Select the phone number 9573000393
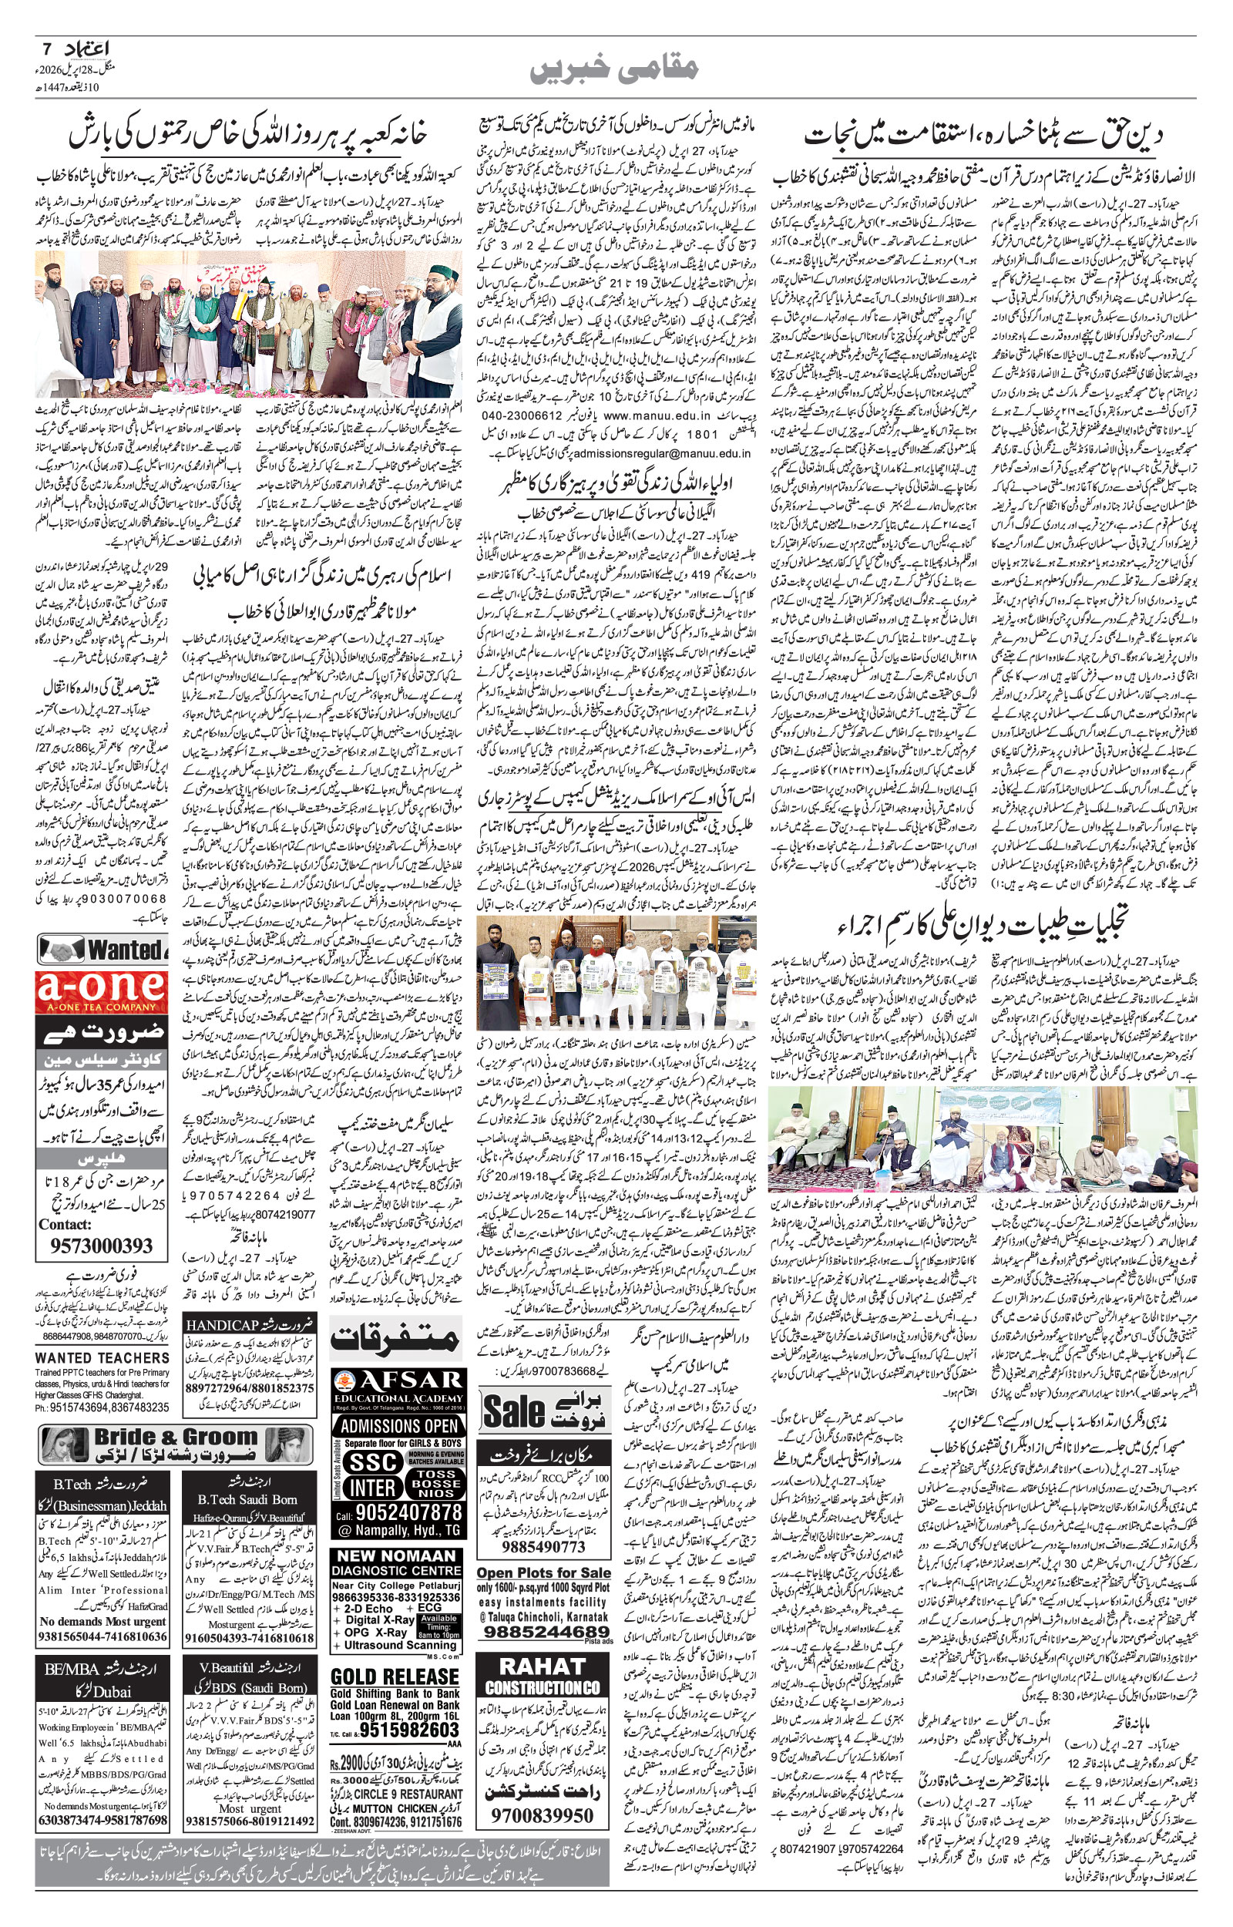[x=102, y=1245]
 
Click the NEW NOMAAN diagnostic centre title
[x=396, y=1556]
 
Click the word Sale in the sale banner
[x=513, y=1412]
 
